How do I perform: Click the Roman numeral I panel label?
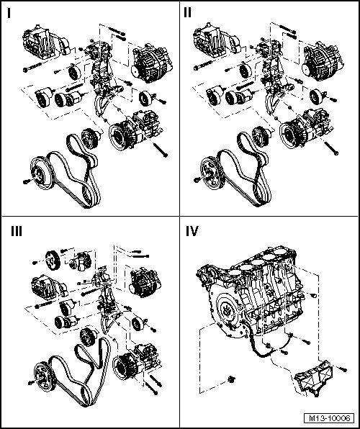click(9, 13)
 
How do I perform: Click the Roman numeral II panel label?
click(187, 12)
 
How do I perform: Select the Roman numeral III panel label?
click(17, 232)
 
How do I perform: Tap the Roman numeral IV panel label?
click(192, 232)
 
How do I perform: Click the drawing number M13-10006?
click(329, 418)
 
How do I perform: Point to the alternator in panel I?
click(152, 63)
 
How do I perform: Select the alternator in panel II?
click(323, 62)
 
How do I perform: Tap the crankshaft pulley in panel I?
click(43, 173)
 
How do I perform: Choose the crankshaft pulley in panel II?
click(213, 173)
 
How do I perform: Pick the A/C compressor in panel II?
click(305, 129)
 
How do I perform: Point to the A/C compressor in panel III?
click(137, 361)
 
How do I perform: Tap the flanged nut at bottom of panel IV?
click(232, 379)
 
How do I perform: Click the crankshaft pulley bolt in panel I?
click(27, 181)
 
